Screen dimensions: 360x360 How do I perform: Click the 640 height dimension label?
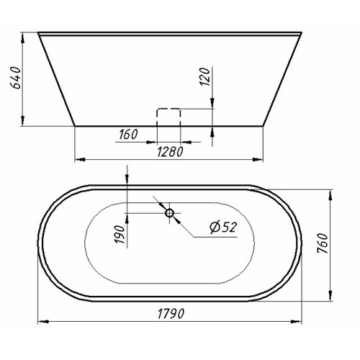16,78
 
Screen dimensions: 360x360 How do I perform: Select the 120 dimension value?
204,76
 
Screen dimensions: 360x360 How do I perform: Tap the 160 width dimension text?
128,135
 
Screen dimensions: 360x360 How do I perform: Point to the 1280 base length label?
170,152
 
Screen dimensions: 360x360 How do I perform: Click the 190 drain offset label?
120,235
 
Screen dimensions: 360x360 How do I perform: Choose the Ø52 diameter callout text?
223,227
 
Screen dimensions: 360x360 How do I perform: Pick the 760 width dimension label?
323,243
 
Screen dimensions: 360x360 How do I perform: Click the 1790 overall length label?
171,314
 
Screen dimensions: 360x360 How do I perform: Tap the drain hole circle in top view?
169,213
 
